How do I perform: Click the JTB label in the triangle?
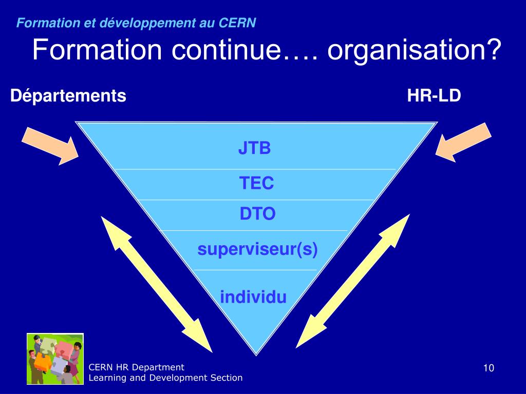(254, 148)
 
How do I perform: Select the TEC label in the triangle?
(256, 183)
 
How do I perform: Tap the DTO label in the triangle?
(257, 213)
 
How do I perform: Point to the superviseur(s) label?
(257, 250)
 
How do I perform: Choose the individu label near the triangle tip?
(253, 297)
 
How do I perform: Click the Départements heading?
(68, 95)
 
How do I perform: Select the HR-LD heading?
(434, 95)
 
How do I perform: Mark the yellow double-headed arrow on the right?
(353, 281)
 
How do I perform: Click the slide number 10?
(489, 368)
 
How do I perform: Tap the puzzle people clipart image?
(55, 359)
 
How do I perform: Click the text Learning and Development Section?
(165, 378)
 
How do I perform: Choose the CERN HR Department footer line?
(136, 367)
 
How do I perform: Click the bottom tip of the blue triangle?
(256, 353)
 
